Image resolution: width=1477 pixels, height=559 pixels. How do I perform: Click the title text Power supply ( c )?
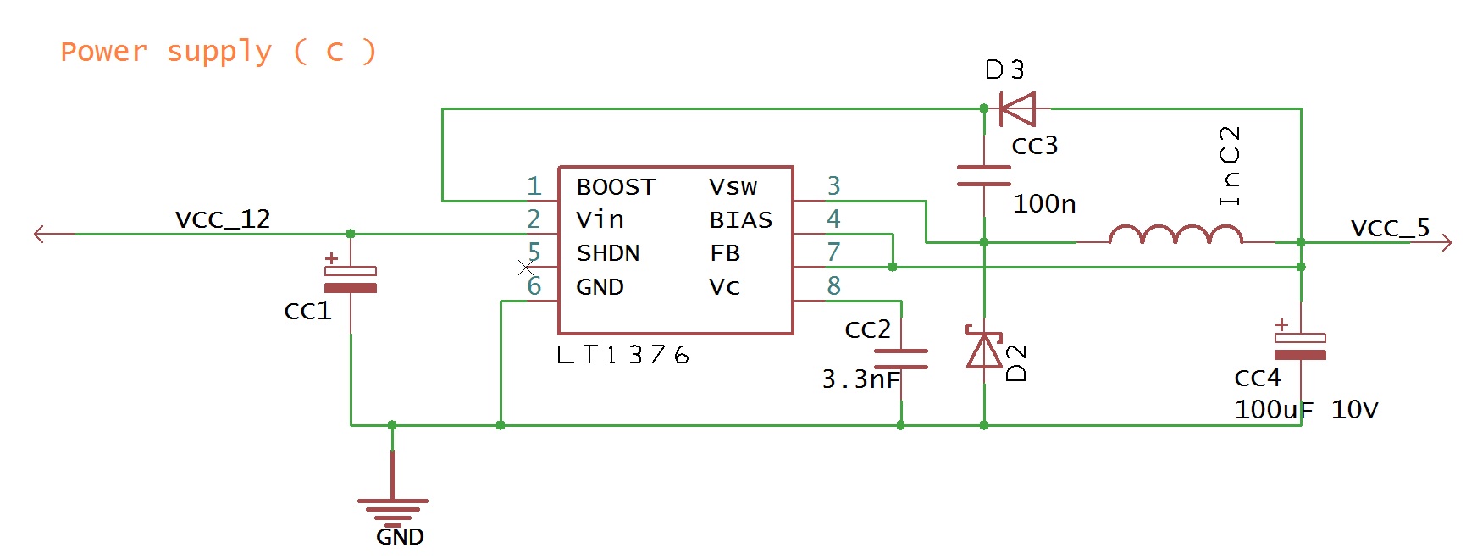[218, 52]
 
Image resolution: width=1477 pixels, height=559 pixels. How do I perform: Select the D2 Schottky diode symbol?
[984, 350]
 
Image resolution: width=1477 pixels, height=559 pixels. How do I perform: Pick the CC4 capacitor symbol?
[1300, 346]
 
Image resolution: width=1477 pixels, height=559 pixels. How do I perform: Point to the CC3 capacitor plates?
[984, 175]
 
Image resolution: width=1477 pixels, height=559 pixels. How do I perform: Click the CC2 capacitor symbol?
[900, 359]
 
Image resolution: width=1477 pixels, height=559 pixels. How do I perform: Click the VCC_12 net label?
[223, 219]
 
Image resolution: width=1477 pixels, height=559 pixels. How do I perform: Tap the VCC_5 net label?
[1390, 228]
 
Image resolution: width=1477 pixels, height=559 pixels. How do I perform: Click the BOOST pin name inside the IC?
[616, 187]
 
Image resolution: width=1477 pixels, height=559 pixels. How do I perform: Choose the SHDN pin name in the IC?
[608, 253]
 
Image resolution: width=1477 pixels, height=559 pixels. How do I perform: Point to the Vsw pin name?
[733, 187]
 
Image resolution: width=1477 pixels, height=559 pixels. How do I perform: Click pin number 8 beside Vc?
[834, 286]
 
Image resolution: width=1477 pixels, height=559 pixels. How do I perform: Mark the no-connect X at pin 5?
[526, 268]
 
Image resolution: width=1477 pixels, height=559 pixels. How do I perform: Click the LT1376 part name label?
[622, 355]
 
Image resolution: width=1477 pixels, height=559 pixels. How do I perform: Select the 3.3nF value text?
[860, 379]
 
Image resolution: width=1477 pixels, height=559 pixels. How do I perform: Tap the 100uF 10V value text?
[1306, 410]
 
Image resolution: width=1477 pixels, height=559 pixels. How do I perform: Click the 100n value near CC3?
[1044, 204]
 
